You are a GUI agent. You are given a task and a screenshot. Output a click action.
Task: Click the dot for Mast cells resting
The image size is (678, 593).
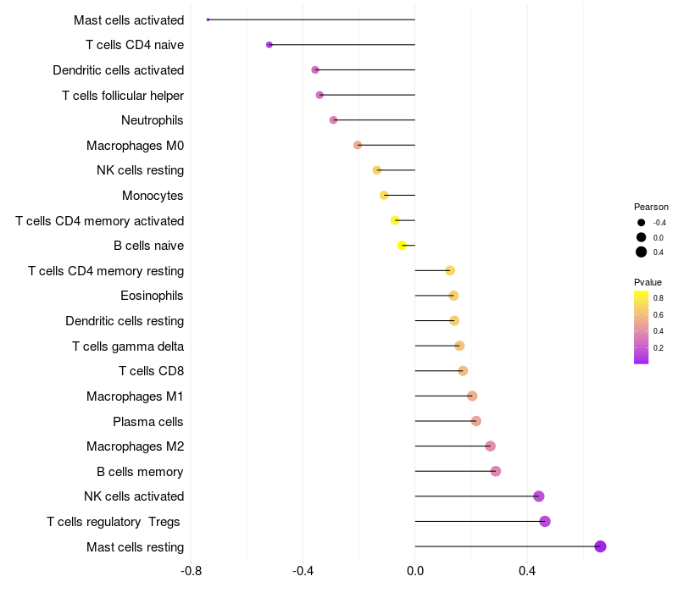tap(600, 546)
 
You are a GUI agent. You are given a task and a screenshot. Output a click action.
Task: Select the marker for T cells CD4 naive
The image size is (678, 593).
tap(270, 45)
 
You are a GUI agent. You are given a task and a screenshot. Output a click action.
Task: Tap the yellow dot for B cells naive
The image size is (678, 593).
tap(403, 246)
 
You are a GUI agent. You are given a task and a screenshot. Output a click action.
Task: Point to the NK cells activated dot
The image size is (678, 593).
tap(539, 496)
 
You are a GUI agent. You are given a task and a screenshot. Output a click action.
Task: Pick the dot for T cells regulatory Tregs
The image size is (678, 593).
tap(545, 521)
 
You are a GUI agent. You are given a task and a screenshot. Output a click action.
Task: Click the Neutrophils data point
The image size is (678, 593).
tap(334, 120)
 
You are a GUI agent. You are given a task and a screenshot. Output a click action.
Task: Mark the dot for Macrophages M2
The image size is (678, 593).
tap(490, 446)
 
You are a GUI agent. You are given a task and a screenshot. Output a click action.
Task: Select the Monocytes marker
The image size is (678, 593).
tap(384, 196)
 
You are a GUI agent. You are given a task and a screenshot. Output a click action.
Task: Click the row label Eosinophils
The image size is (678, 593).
tap(153, 296)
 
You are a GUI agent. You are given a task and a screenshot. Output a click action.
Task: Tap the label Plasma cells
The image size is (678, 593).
tap(148, 421)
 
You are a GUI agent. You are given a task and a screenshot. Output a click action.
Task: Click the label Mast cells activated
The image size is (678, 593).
tap(129, 19)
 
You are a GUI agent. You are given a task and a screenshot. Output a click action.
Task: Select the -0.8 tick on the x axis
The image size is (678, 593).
tap(191, 571)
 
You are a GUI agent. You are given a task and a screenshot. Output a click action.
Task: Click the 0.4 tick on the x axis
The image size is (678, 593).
tap(527, 571)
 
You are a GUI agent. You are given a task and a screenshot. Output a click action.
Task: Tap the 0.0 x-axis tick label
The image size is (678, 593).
tap(415, 571)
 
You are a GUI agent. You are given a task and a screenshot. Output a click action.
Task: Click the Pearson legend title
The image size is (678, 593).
tap(651, 207)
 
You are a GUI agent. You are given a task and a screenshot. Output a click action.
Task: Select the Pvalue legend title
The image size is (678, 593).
tap(647, 282)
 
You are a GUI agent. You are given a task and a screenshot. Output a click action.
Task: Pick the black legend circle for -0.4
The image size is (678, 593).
tap(642, 223)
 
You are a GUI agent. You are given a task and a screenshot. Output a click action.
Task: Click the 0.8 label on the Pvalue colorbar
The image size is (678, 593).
tap(659, 298)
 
